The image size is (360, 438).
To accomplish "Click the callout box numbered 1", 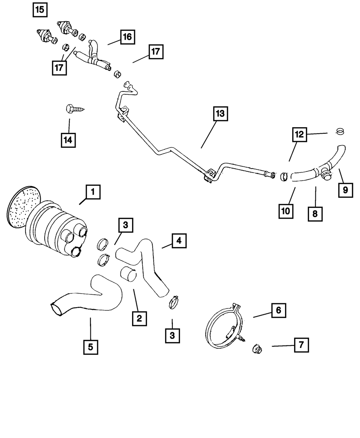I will point(93,192).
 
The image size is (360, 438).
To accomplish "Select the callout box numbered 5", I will point(90,347).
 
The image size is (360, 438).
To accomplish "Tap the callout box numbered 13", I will point(220,114).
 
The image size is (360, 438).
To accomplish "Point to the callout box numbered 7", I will point(301,345).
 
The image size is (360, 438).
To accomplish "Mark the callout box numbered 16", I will point(128,37).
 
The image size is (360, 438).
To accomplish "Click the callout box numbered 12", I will point(300,135).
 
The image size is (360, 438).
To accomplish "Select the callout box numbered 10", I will point(286,211).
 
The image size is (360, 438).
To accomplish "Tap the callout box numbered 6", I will point(279,310).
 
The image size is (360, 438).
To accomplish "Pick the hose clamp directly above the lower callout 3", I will point(174,302).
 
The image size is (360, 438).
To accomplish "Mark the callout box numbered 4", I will point(179,241).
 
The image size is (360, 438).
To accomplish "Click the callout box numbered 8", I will point(315,214).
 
